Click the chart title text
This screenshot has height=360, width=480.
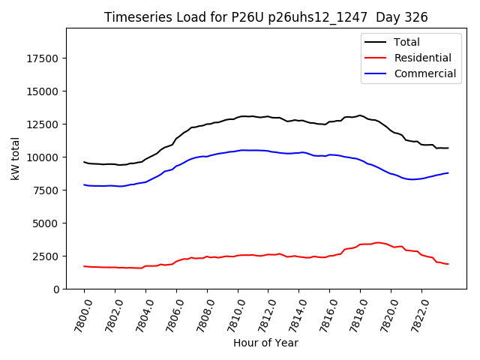(265, 17)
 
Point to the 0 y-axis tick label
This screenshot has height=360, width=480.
(57, 289)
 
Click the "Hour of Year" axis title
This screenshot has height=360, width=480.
(265, 343)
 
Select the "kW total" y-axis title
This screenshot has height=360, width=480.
(16, 158)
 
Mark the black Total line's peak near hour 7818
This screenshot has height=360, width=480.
(360, 115)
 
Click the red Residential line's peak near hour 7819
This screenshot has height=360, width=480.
(377, 242)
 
